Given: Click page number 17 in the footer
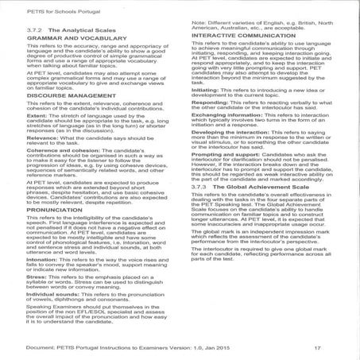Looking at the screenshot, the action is tap(315, 347).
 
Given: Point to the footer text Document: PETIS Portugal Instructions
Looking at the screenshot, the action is tap(79, 347).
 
